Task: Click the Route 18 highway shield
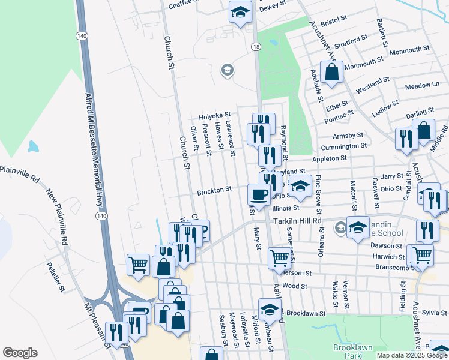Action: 257,46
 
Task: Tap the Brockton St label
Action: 214,191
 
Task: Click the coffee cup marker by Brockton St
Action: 259,194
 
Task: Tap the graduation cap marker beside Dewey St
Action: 240,12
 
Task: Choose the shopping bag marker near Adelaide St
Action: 331,73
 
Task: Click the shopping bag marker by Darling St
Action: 424,130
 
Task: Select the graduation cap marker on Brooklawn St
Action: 270,310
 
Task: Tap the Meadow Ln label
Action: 422,86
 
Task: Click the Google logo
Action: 20,353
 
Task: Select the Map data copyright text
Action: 412,355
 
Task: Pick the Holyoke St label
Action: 215,115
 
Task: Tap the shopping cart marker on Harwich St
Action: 422,254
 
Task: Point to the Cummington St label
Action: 343,146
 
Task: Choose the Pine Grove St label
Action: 319,190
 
